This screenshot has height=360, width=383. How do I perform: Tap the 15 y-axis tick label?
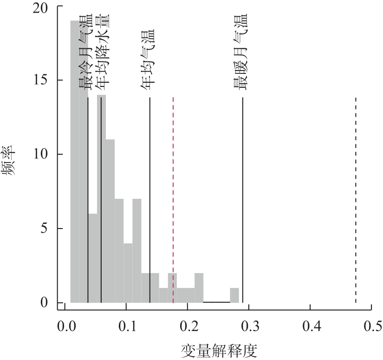[45, 80]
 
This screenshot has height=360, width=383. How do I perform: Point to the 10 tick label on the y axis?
[45, 154]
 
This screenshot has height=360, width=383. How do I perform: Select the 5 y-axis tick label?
[48, 229]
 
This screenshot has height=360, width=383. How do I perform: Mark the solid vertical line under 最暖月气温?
[243, 200]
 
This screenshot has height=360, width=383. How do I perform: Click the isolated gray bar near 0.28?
[234, 295]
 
